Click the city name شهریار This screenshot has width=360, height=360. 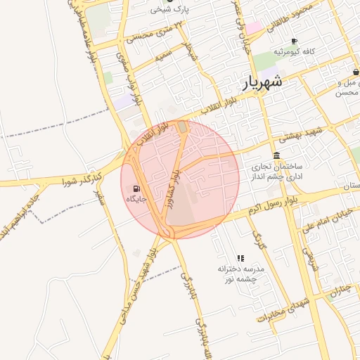tap(263, 82)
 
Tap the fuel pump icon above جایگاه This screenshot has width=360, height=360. tap(136, 188)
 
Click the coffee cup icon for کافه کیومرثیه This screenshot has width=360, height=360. tap(294, 41)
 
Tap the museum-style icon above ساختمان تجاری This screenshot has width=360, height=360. tap(276, 155)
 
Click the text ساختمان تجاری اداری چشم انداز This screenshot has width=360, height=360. tap(276, 172)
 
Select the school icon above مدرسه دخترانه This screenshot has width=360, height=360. tap(240, 258)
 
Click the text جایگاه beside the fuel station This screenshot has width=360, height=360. tap(136, 200)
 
